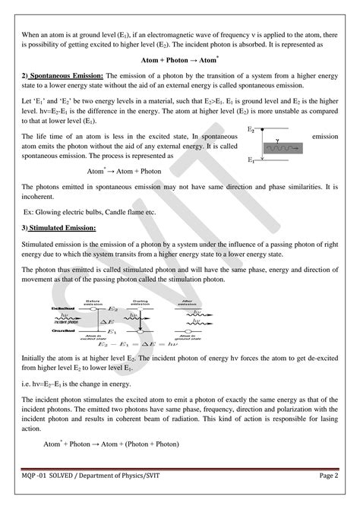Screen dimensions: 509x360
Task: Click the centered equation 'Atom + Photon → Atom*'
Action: click(x=180, y=59)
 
